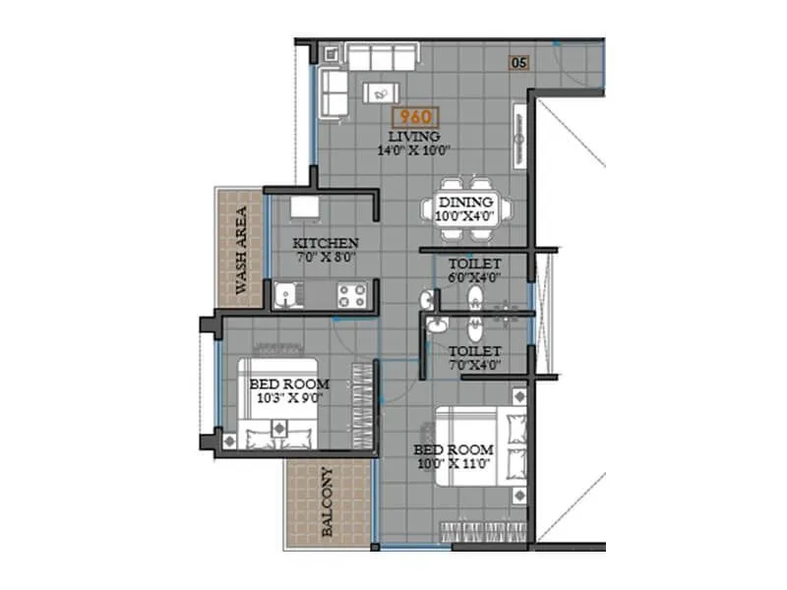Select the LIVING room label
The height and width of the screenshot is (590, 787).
414,136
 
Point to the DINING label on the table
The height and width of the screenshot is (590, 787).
465,202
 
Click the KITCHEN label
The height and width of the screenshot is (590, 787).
326,243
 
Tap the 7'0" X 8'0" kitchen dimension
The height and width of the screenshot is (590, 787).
326,258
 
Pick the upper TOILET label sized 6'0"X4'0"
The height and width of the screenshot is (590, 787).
475,265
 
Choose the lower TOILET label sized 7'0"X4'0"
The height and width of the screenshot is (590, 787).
475,351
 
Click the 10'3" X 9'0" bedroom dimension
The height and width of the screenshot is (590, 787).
288,398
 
